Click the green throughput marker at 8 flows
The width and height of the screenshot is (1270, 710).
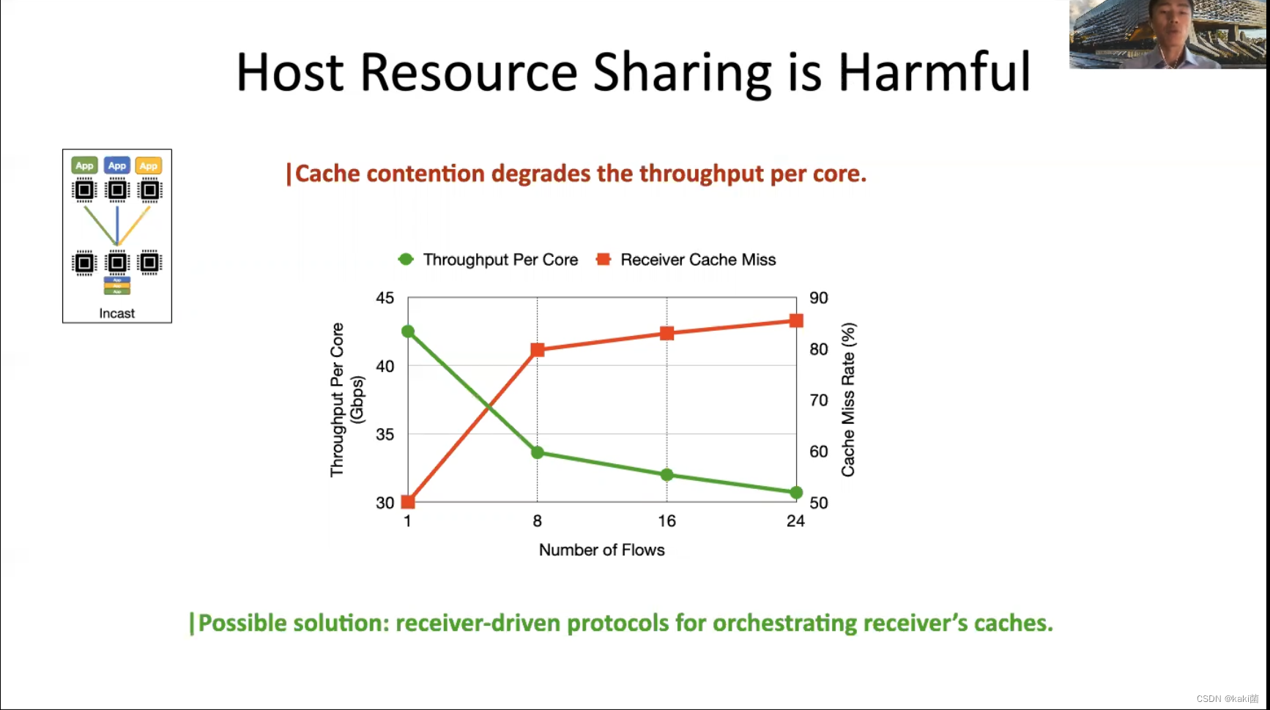[538, 452]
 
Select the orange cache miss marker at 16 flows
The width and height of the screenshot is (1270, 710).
[666, 334]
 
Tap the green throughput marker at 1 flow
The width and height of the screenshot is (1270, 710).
[408, 332]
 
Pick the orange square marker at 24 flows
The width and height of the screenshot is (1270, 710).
[796, 321]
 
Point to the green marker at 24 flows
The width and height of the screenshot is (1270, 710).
[796, 493]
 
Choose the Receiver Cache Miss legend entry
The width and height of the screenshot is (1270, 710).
[686, 260]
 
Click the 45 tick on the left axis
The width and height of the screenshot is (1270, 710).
[385, 298]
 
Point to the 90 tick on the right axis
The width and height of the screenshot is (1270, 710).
[819, 298]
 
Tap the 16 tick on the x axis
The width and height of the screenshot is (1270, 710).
[666, 521]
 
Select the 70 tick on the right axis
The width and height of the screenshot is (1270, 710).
[819, 400]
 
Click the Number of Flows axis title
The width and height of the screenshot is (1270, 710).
[601, 550]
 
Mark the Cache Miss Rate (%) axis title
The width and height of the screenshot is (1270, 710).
[848, 400]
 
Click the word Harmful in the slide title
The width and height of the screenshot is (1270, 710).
[934, 73]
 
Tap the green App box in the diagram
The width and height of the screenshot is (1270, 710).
[85, 165]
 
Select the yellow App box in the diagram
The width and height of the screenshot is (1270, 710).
[149, 165]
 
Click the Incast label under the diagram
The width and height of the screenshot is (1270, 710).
[117, 313]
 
